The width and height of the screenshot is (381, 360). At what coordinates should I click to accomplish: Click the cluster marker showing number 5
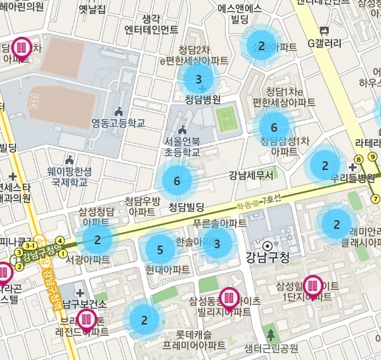(x=159, y=250)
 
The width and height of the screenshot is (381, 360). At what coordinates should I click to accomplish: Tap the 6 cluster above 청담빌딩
(x=177, y=181)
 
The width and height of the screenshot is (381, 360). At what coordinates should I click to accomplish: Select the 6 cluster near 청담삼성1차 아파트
(x=273, y=127)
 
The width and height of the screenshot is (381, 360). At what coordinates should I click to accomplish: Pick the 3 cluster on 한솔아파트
(x=217, y=244)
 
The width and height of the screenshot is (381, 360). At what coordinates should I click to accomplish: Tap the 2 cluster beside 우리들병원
(x=325, y=165)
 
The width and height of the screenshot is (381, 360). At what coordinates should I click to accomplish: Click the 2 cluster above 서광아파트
(x=97, y=240)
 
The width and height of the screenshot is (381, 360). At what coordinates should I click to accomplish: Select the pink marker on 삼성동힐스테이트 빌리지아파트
(x=229, y=298)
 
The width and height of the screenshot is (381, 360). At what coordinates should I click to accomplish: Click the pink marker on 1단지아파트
(x=313, y=286)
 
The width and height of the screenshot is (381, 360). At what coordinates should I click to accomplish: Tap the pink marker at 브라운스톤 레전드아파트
(x=86, y=320)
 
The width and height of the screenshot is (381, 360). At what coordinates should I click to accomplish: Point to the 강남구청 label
(x=267, y=258)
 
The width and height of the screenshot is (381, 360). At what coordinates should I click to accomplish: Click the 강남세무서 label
(x=251, y=176)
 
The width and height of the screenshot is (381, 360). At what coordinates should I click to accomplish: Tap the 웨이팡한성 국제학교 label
(x=70, y=176)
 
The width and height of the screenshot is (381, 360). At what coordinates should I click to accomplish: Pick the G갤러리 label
(x=325, y=44)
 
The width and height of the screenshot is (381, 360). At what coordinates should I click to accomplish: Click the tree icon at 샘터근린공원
(x=271, y=334)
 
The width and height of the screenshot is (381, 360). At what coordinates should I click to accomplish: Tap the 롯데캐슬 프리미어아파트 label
(x=194, y=339)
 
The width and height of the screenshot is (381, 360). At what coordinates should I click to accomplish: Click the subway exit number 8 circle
(x=359, y=159)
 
